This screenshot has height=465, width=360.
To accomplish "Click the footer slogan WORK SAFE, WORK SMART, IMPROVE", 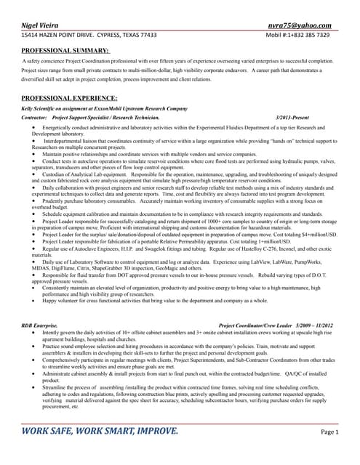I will [x=100, y=432].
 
